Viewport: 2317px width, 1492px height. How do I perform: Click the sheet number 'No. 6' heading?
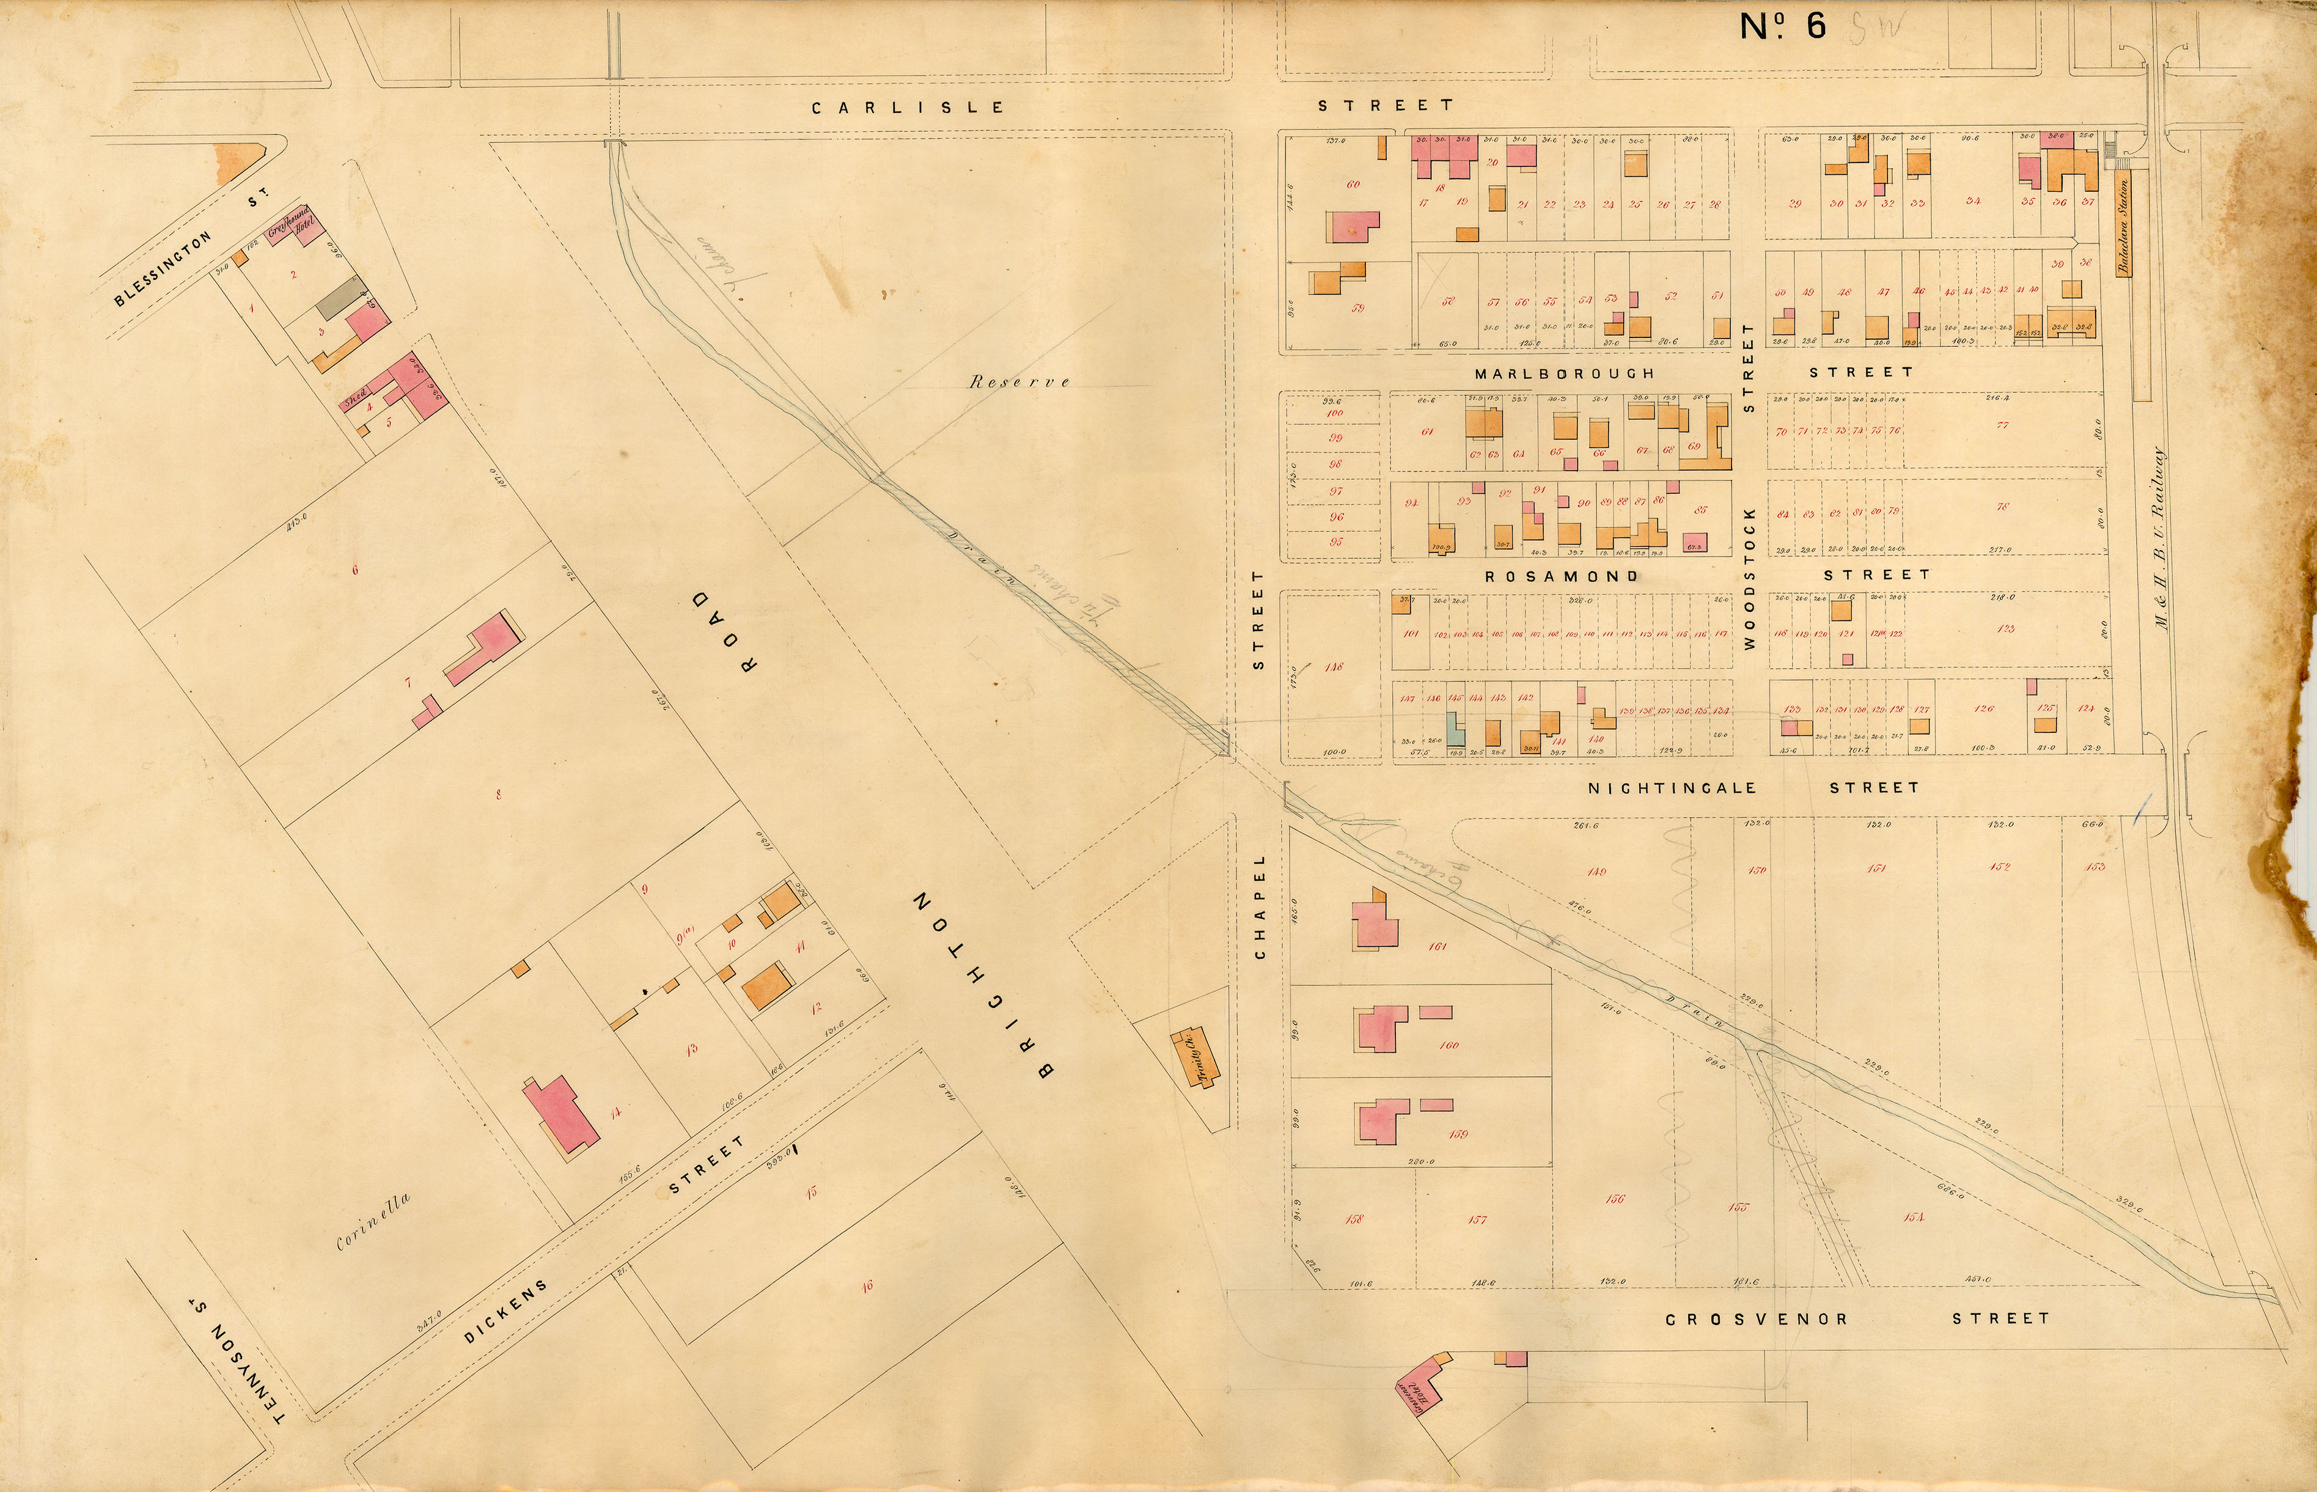click(1782, 26)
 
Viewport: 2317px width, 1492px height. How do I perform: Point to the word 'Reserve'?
click(1019, 382)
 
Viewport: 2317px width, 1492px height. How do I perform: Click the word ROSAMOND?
click(1562, 576)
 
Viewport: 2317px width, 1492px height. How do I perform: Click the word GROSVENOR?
click(1756, 1318)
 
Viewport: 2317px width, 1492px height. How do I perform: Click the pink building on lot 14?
click(560, 1114)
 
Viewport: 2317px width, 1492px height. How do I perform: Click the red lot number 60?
click(1353, 184)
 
